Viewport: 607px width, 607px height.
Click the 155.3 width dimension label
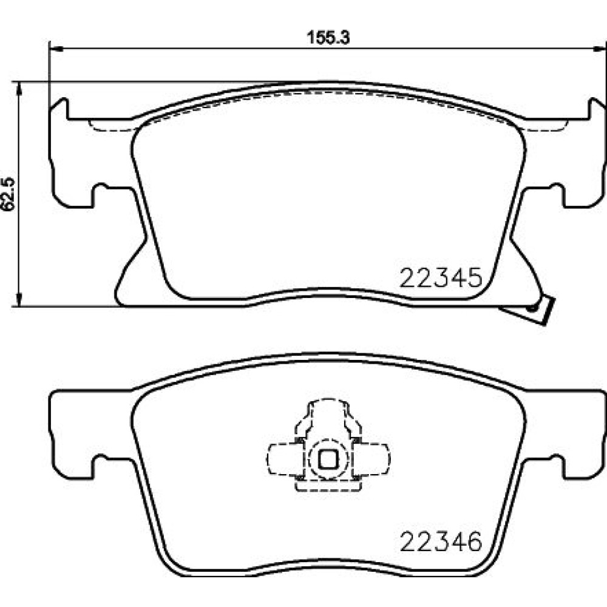[328, 38]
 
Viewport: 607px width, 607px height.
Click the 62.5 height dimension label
[8, 194]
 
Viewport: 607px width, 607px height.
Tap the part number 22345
[441, 277]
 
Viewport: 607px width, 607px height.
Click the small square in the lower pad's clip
[328, 459]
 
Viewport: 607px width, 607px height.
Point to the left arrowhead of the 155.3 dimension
[56, 49]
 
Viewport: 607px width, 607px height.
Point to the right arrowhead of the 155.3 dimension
[600, 49]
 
